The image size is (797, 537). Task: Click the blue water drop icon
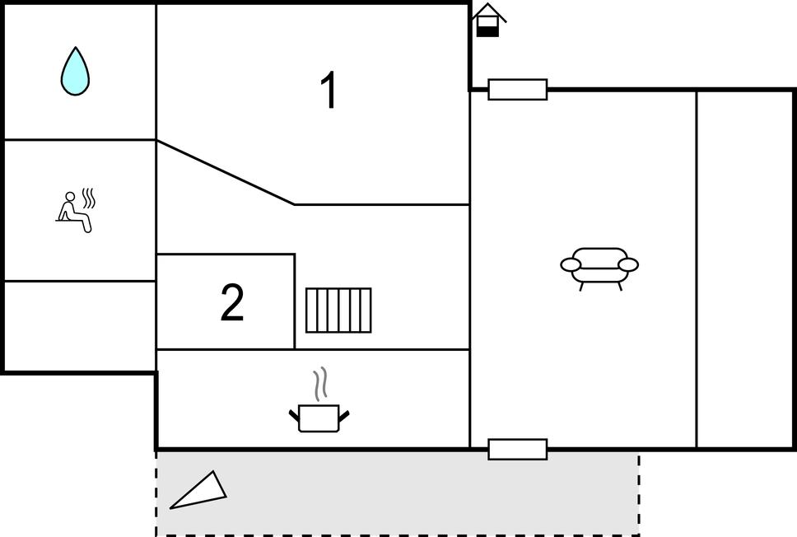(75, 72)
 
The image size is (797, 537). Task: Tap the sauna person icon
(75, 212)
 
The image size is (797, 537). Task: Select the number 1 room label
(329, 90)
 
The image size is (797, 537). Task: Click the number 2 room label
(232, 302)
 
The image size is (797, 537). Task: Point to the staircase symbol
(338, 311)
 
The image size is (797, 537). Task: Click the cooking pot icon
(319, 418)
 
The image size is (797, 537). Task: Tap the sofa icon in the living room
(599, 268)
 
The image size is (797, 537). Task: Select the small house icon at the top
(488, 20)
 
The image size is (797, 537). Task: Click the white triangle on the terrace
(198, 490)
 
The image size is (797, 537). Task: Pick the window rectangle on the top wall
(517, 90)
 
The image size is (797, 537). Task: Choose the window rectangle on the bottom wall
(517, 449)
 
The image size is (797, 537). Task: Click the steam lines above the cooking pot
(319, 385)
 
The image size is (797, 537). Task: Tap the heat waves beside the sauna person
(89, 198)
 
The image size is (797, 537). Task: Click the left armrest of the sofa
(571, 265)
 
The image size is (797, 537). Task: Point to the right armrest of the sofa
(628, 265)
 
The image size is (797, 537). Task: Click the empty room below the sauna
(80, 326)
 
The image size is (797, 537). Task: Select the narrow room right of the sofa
(744, 269)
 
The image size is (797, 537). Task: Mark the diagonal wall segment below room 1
(226, 172)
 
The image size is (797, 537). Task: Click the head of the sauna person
(70, 197)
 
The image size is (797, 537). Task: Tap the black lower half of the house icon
(488, 31)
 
